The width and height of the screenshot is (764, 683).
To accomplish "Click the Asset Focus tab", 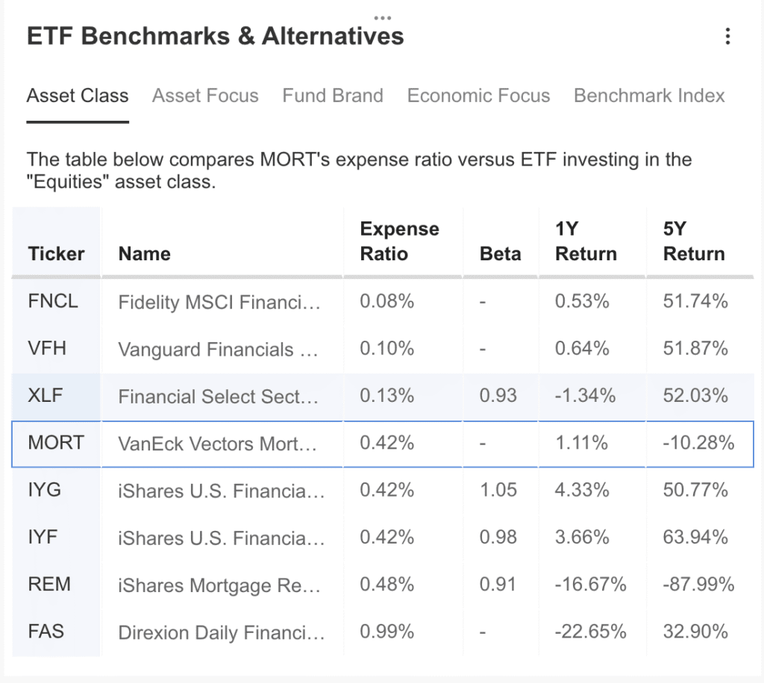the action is click(205, 95).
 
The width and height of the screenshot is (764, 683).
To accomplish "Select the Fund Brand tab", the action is click(333, 95).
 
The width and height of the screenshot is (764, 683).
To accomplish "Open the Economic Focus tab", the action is click(478, 95).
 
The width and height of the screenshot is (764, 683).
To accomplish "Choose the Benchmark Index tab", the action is click(649, 95).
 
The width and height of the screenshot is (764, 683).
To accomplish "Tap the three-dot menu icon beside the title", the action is click(727, 36).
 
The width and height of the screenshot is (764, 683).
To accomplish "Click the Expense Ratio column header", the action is click(400, 241).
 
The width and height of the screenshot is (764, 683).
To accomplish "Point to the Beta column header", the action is click(500, 254).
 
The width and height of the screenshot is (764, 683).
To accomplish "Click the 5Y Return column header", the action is click(694, 241).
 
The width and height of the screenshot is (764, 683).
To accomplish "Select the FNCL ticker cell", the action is click(53, 300).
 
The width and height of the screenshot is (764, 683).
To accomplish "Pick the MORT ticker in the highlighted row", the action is click(56, 442).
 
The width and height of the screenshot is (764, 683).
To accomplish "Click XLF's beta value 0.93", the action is click(498, 395).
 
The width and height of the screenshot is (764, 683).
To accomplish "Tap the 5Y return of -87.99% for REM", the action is click(698, 584).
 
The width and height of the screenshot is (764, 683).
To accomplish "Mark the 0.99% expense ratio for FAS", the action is click(387, 632).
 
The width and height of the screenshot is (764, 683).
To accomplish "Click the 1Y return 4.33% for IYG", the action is click(582, 490).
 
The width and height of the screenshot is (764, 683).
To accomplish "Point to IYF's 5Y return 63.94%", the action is click(695, 537).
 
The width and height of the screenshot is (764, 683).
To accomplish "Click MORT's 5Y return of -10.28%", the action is click(698, 442).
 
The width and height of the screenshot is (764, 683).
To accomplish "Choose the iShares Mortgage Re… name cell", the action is click(219, 585).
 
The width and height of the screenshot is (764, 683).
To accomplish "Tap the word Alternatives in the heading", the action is click(333, 36).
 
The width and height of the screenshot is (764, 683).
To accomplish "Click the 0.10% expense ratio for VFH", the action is click(387, 348).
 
